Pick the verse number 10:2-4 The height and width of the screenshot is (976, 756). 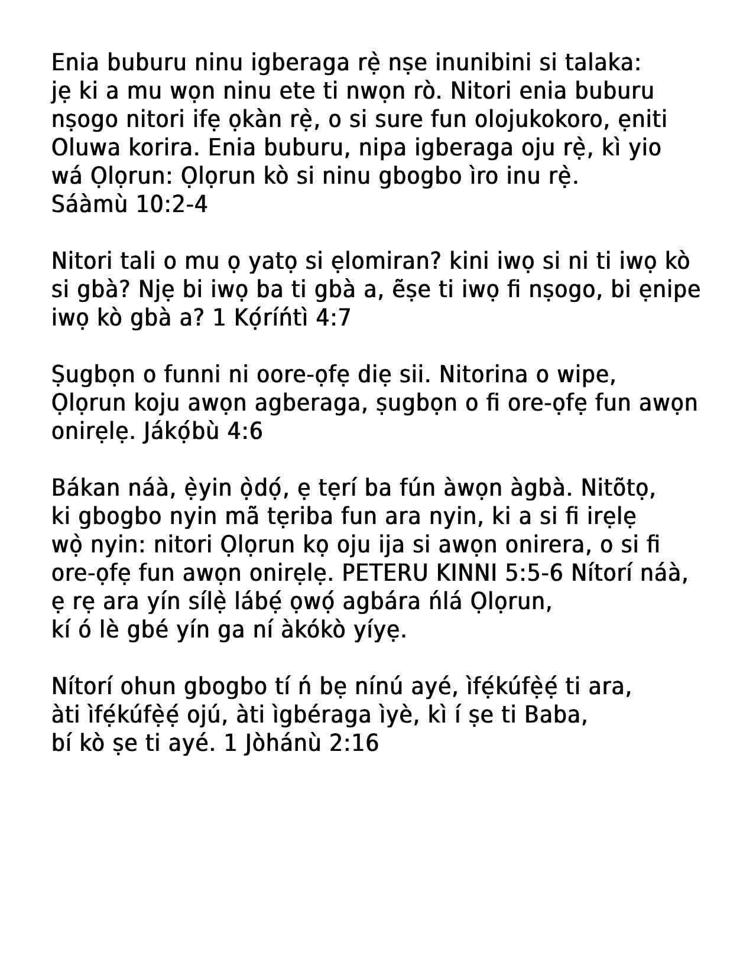172,204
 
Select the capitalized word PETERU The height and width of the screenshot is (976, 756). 378,573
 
